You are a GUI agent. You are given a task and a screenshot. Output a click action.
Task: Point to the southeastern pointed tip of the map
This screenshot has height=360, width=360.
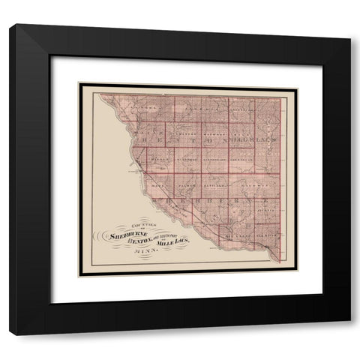[280, 263]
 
